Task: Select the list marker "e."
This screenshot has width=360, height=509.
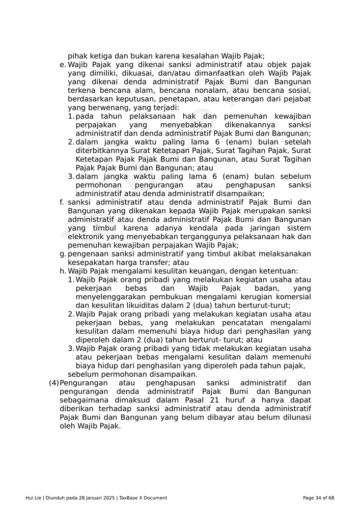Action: click(63, 65)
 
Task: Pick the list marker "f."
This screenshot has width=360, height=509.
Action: click(63, 202)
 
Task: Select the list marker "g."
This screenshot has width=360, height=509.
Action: click(63, 254)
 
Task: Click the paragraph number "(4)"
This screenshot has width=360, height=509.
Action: click(53, 383)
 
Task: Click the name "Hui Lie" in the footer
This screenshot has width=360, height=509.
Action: click(34, 498)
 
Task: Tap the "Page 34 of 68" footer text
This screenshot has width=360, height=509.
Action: click(318, 498)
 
